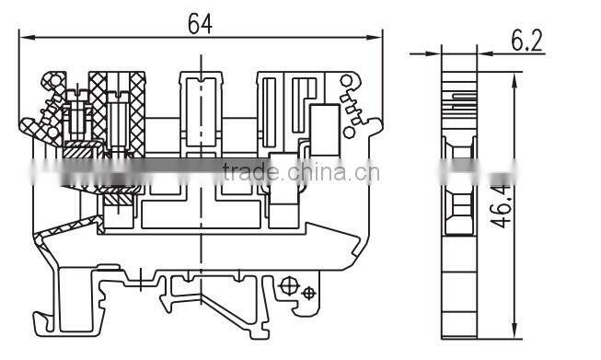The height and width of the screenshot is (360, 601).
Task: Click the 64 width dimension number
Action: coord(200,23)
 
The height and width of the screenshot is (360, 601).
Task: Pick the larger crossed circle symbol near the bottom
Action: coord(290,285)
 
